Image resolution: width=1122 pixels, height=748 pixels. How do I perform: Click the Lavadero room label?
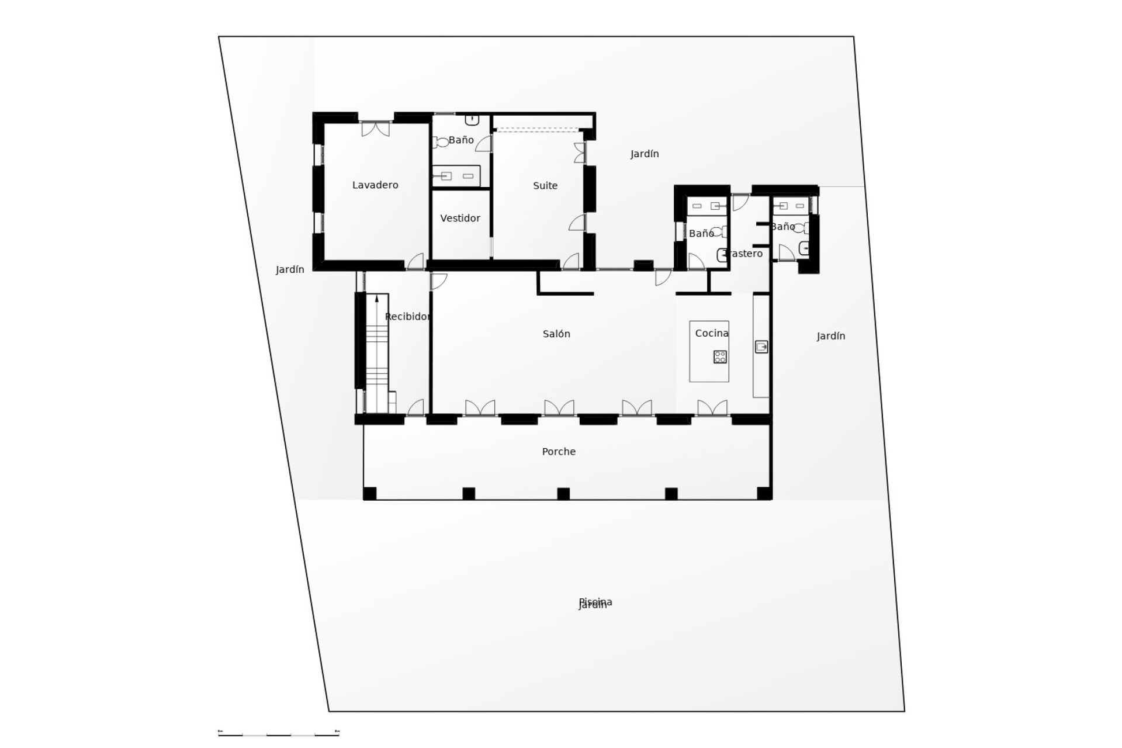(375, 185)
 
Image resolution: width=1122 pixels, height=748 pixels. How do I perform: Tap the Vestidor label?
(460, 219)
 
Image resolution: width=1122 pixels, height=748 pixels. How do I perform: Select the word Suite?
(545, 186)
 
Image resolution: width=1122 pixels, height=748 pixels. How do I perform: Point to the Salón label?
(556, 334)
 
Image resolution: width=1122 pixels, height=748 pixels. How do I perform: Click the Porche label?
(559, 452)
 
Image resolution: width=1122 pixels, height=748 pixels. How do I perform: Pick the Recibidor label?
(408, 317)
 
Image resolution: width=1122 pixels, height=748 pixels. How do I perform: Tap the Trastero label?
(743, 254)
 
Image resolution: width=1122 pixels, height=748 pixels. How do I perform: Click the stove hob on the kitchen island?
(720, 356)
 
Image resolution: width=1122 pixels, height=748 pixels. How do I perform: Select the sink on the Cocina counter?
(761, 347)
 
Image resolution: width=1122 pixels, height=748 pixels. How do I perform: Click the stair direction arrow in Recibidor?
(377, 299)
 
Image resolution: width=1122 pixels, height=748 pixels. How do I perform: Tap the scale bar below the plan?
(279, 733)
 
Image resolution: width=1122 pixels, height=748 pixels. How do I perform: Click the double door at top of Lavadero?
(375, 129)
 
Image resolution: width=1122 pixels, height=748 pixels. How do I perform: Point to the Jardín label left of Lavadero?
(290, 269)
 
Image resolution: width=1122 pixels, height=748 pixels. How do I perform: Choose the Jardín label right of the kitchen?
(830, 336)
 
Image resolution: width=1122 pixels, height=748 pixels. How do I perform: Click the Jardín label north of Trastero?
(645, 154)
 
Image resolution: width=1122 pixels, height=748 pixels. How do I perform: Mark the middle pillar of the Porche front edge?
(563, 494)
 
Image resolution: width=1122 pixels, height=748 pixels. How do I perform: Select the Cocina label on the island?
(712, 333)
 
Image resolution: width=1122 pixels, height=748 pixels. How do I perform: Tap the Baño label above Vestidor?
(462, 140)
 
